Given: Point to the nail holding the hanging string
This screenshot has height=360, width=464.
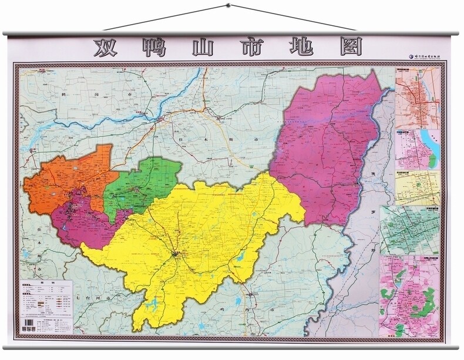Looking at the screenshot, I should coord(228,6).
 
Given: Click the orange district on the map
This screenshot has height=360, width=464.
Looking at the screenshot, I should coord(68,180).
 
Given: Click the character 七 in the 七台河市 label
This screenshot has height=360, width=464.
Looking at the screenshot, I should coord(78,299).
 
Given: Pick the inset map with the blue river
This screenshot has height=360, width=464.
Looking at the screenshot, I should coord(417,149).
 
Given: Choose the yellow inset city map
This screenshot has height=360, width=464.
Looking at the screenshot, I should coord(417,187).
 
